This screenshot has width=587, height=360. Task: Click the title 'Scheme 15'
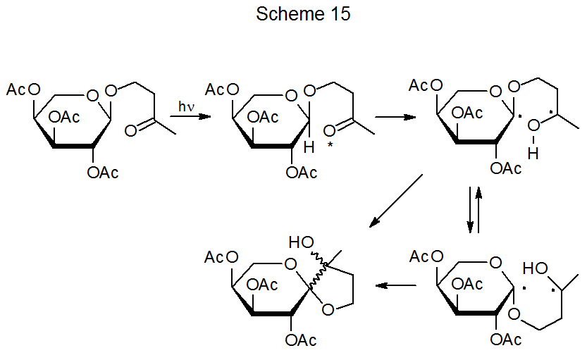point(303,14)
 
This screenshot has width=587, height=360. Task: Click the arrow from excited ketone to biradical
point(395,116)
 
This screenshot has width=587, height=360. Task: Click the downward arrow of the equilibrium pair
point(470,209)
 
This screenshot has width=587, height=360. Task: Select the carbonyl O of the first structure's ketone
point(130,130)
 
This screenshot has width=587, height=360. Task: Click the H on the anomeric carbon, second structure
point(308,147)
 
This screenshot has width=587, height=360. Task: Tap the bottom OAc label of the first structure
point(103,173)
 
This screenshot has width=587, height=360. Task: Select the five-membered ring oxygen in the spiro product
point(327,309)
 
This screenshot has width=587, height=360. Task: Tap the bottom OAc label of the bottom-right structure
point(506,340)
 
